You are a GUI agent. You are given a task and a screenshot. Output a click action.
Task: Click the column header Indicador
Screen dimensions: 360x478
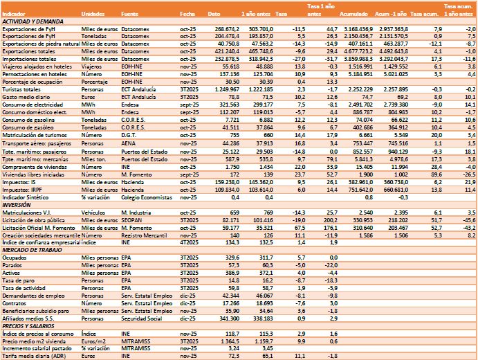click(15, 13)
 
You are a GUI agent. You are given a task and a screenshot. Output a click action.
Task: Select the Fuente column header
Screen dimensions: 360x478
click(129, 13)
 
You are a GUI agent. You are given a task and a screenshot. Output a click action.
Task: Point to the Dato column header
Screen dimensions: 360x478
click(215, 13)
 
